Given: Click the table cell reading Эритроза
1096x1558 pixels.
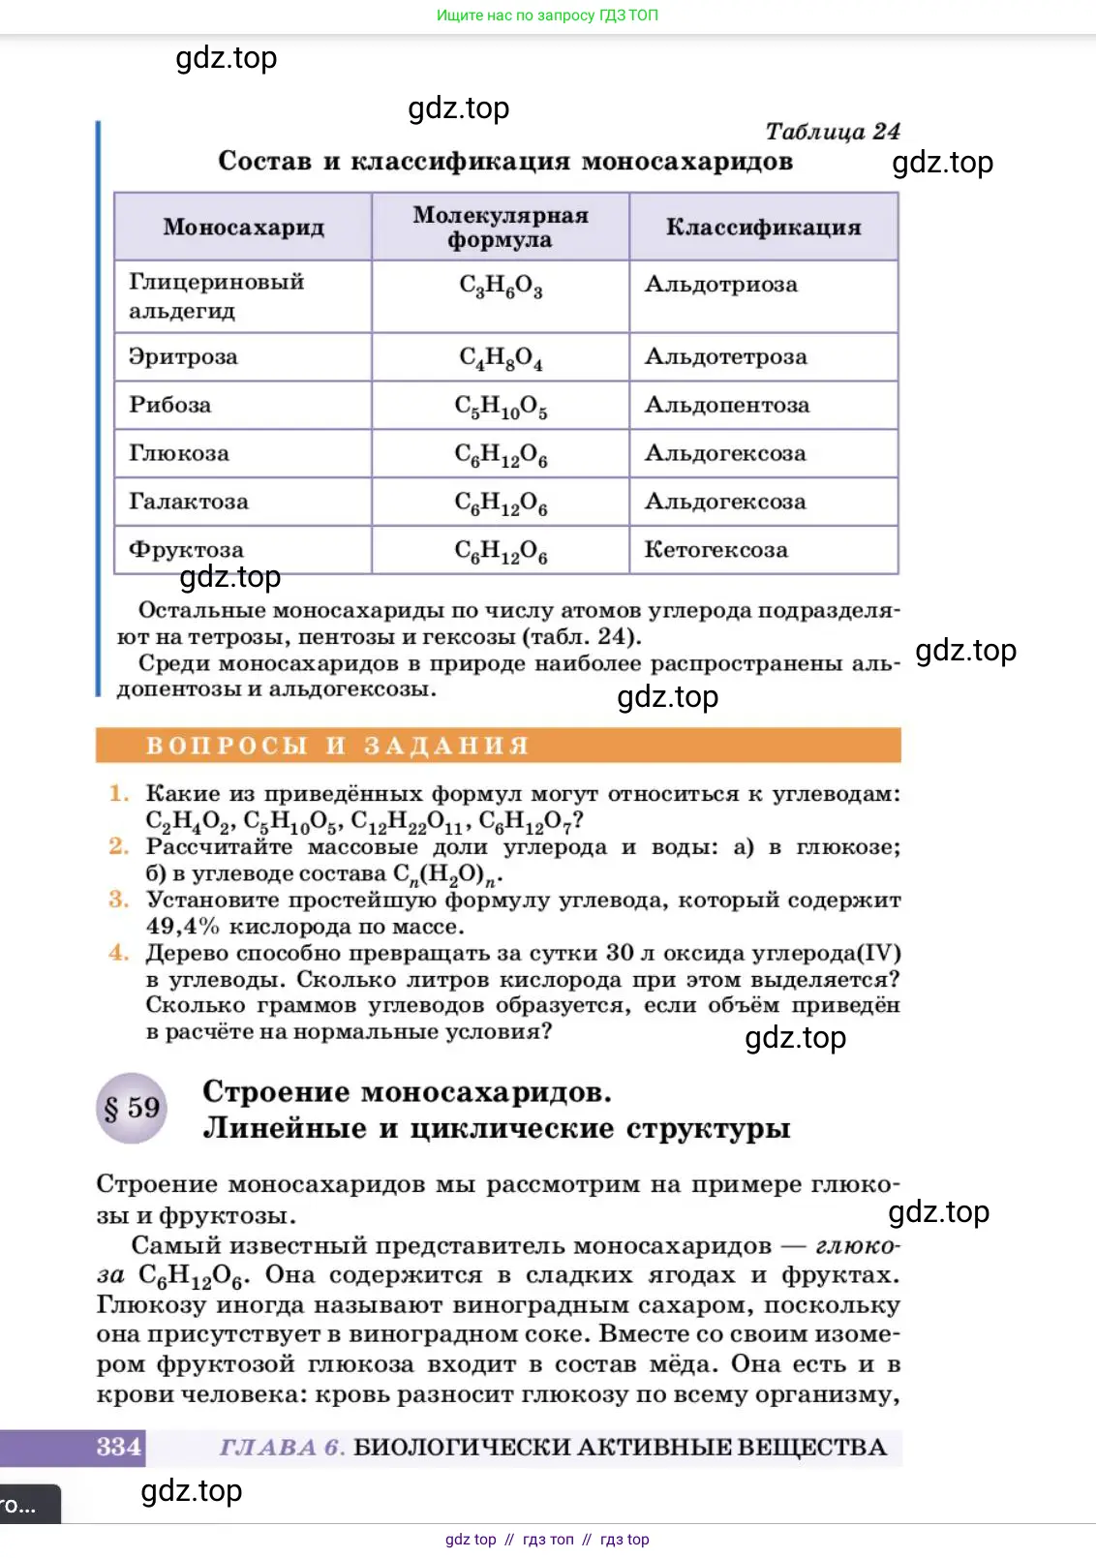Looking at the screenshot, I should [x=183, y=356].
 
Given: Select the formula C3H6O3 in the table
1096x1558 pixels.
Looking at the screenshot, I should [x=500, y=286].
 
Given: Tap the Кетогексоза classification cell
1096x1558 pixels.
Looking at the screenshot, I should [x=715, y=550].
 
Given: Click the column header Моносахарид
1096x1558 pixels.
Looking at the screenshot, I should [x=243, y=227].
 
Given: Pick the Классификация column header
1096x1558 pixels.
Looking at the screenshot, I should [x=763, y=227].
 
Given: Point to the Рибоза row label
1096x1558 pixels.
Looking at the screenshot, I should [x=169, y=405].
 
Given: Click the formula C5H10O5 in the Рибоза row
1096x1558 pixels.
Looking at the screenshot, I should [x=500, y=406].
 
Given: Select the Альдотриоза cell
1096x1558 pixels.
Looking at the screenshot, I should [x=721, y=285].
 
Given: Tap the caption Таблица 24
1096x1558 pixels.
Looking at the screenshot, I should [x=833, y=131].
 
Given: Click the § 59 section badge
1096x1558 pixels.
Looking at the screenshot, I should [x=133, y=1108].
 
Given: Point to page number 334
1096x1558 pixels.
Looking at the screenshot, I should [x=118, y=1447].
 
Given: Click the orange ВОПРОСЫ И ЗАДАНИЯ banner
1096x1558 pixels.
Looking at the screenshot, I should [x=498, y=746].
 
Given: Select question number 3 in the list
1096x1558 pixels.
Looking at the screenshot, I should [x=118, y=900].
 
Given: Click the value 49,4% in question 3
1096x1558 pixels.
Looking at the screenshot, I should [x=182, y=927].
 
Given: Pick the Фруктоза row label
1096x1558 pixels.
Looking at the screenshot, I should [x=186, y=550].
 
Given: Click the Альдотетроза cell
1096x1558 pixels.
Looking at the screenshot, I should [x=725, y=356].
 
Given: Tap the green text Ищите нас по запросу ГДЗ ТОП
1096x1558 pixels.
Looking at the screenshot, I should [x=547, y=15].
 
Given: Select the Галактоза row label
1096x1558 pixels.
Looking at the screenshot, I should [x=188, y=502].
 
